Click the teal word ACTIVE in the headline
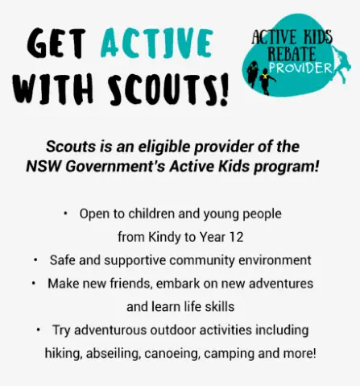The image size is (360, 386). click(x=157, y=43)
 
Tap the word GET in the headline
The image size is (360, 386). click(x=56, y=43)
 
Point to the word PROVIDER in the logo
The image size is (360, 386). click(x=300, y=68)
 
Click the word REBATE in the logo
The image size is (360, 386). click(x=292, y=54)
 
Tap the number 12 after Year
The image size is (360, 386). click(x=237, y=237)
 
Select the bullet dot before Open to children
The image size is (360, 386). click(x=65, y=214)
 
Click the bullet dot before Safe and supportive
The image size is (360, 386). click(x=35, y=260)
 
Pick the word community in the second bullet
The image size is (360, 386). click(x=202, y=260)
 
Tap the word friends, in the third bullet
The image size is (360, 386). click(x=131, y=284)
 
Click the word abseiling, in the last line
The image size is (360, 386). click(x=114, y=354)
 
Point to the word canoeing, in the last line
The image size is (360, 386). click(x=172, y=354)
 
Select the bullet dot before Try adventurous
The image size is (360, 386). click(x=39, y=330)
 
